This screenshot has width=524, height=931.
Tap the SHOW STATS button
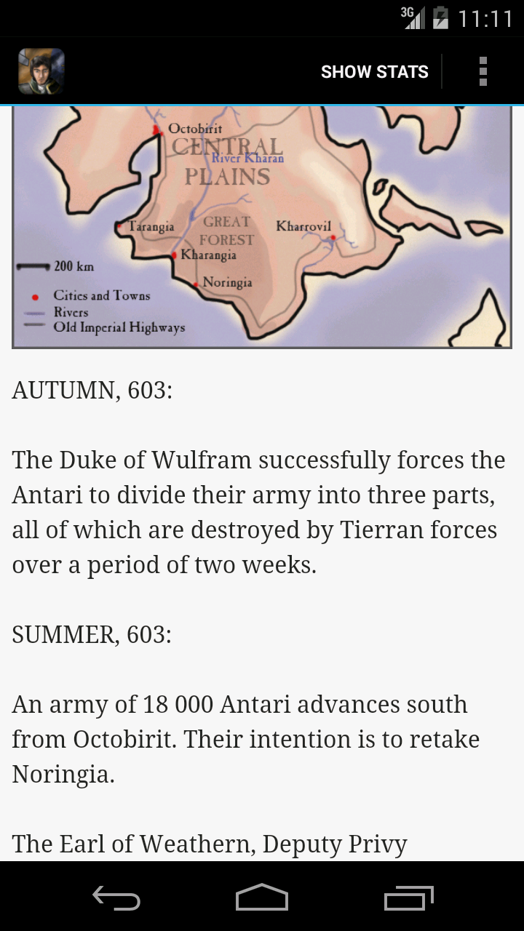(x=374, y=72)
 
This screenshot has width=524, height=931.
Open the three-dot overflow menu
(x=483, y=72)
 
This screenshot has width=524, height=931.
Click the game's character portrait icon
(x=41, y=71)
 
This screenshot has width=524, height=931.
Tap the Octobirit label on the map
(x=194, y=129)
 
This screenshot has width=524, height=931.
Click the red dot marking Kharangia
(x=174, y=255)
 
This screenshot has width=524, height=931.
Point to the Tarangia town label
(x=151, y=226)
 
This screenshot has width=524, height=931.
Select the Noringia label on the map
(x=227, y=282)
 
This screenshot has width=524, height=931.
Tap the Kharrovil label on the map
(x=303, y=226)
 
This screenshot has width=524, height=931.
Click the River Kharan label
(x=247, y=158)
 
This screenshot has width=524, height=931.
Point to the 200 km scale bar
(x=33, y=266)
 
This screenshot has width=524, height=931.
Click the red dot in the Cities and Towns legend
(x=35, y=297)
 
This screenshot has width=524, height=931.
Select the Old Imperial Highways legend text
(x=119, y=327)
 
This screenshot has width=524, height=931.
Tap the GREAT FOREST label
(x=226, y=231)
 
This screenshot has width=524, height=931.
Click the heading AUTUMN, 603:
(x=92, y=391)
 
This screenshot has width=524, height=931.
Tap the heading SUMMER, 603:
(x=92, y=635)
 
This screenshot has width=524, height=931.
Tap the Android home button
(x=262, y=898)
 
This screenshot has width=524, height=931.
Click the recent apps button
(x=408, y=898)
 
